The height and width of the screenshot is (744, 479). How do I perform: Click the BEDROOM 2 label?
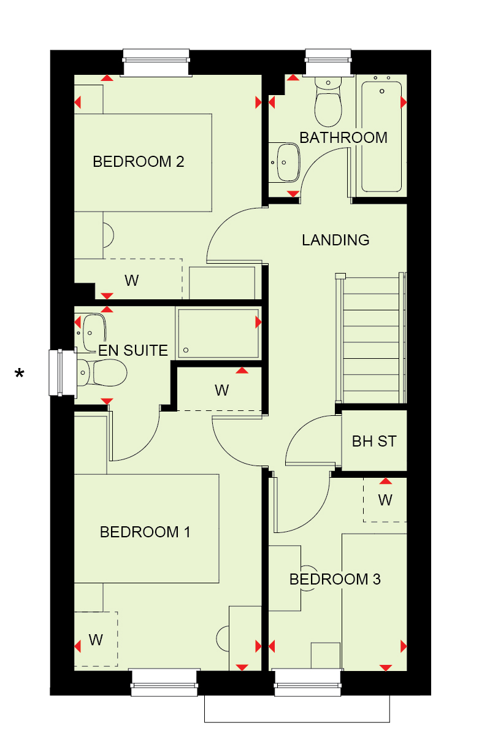click(x=138, y=162)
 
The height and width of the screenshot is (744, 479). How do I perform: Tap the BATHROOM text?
click(x=343, y=138)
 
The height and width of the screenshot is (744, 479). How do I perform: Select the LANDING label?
click(x=335, y=240)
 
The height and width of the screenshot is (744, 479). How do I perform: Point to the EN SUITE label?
click(x=133, y=350)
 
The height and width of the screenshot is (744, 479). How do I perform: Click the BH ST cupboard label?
click(x=374, y=442)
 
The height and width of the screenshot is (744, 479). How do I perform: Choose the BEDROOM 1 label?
click(x=145, y=532)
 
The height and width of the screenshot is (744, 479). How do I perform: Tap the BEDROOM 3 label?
click(x=335, y=579)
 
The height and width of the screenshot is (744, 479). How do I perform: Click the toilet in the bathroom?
click(x=328, y=102)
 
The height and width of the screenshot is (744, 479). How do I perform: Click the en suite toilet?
click(x=102, y=372)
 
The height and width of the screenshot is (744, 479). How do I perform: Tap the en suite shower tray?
click(x=218, y=333)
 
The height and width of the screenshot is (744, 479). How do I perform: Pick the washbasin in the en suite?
click(x=94, y=333)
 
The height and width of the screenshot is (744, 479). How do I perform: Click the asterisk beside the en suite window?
click(x=20, y=374)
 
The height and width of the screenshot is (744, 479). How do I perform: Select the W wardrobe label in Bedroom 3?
click(x=385, y=500)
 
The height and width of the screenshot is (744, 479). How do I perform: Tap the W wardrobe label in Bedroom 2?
click(x=131, y=281)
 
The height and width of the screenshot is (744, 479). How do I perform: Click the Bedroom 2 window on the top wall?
click(x=156, y=63)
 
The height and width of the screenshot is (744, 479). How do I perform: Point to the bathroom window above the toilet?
click(x=328, y=63)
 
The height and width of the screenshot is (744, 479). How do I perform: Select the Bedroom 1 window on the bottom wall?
click(x=164, y=682)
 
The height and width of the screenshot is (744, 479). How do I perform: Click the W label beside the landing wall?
click(x=221, y=390)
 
